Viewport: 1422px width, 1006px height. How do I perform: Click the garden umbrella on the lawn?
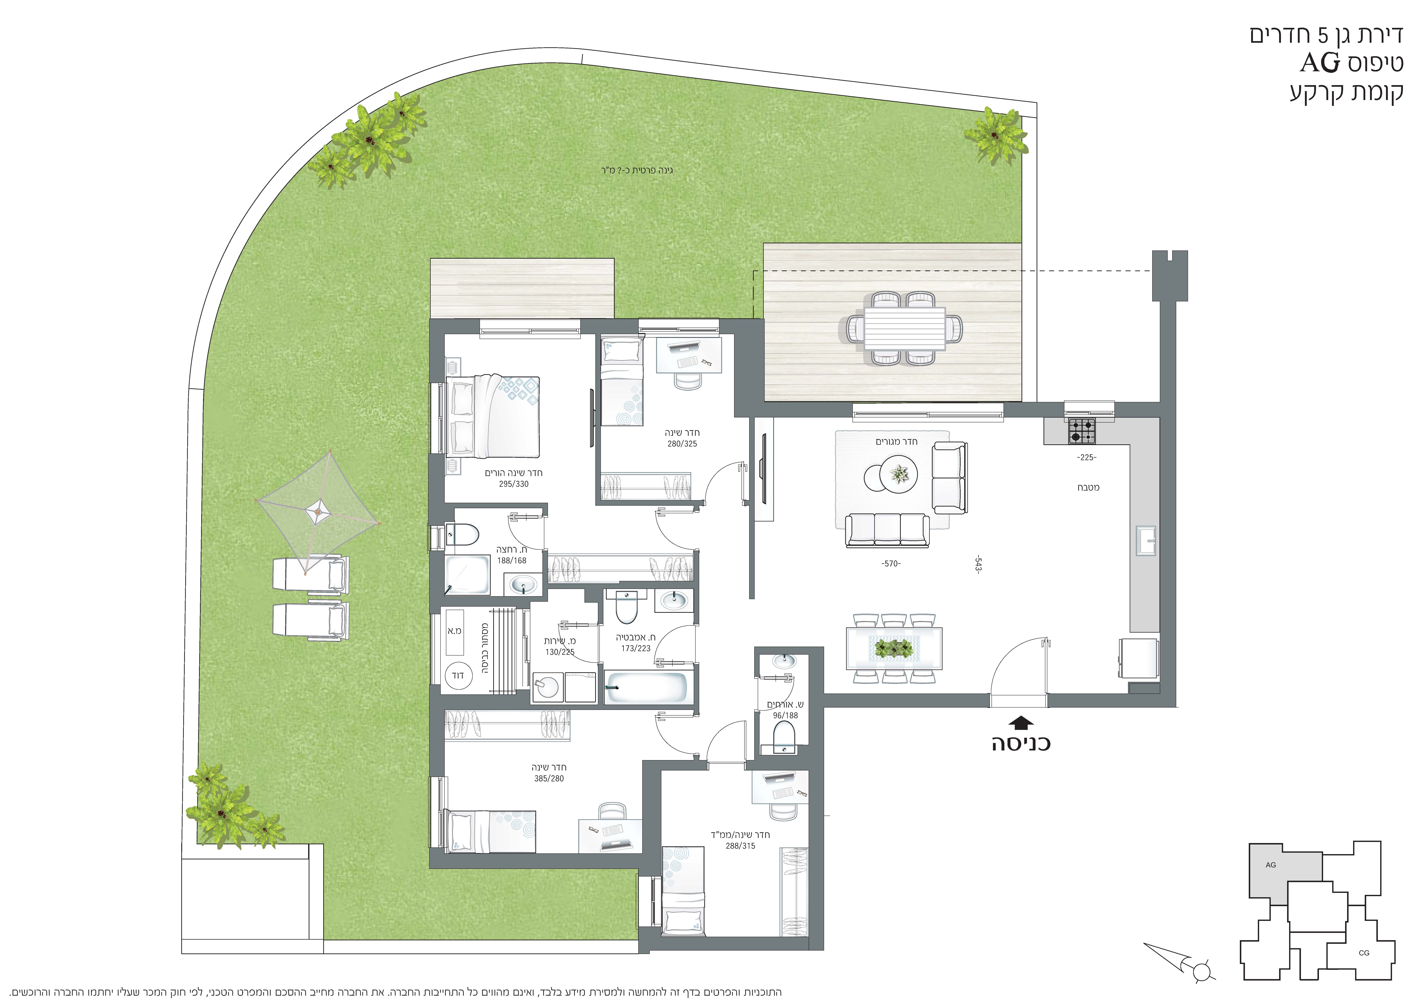point(318,512)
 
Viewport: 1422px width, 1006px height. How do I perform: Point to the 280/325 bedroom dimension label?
point(682,444)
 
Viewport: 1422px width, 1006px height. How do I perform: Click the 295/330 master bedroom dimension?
point(513,484)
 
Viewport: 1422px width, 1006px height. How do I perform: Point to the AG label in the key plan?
point(1270,865)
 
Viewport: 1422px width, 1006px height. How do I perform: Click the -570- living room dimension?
point(891,564)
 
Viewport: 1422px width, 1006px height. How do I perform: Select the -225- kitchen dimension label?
point(1087,458)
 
